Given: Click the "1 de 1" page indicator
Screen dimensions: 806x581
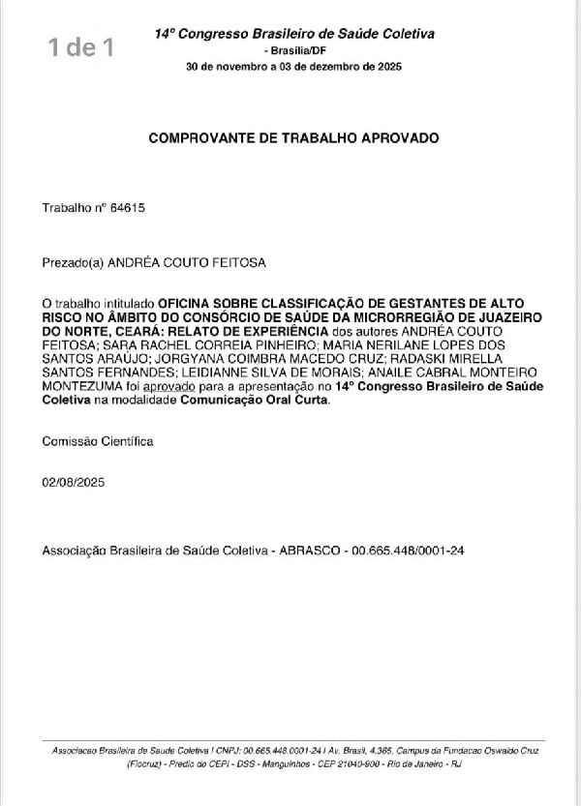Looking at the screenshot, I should tap(86, 45).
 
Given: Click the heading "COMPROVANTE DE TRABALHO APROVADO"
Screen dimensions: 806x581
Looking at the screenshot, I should tap(293, 137).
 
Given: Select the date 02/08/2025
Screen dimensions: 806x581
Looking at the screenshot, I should tap(73, 482).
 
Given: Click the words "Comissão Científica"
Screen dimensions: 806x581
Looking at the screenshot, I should tap(97, 440).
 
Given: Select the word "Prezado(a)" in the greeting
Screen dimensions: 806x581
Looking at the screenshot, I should tap(72, 261).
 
